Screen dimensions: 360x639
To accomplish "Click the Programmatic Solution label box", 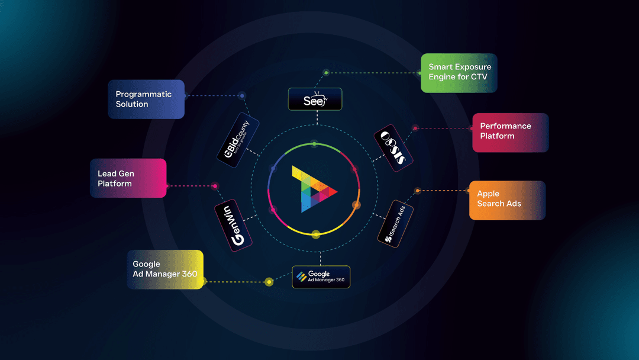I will (146, 99).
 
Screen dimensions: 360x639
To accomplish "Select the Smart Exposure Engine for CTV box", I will (459, 73).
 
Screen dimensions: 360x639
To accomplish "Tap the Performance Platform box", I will (510, 132).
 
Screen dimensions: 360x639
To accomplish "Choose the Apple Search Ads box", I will (507, 200).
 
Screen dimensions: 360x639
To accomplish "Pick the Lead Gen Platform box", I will (128, 178).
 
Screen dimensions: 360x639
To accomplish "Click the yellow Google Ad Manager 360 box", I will (165, 269).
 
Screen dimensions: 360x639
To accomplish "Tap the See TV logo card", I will (315, 99).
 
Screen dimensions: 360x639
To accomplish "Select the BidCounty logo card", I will (238, 140).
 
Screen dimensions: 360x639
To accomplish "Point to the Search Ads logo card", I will (395, 223).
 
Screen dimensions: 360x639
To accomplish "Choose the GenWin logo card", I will (233, 225).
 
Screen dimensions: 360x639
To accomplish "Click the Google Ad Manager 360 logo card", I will (321, 277).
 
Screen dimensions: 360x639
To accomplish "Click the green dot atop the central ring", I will (315, 144).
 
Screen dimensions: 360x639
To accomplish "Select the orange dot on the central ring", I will (356, 205).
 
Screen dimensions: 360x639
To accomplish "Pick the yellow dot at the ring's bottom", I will (316, 234).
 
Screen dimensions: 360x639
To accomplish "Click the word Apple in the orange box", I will (488, 194).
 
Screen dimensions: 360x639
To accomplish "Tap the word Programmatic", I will (144, 94).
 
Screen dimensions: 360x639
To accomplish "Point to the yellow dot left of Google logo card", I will (269, 282).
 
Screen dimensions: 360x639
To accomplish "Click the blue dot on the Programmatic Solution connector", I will (241, 95).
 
